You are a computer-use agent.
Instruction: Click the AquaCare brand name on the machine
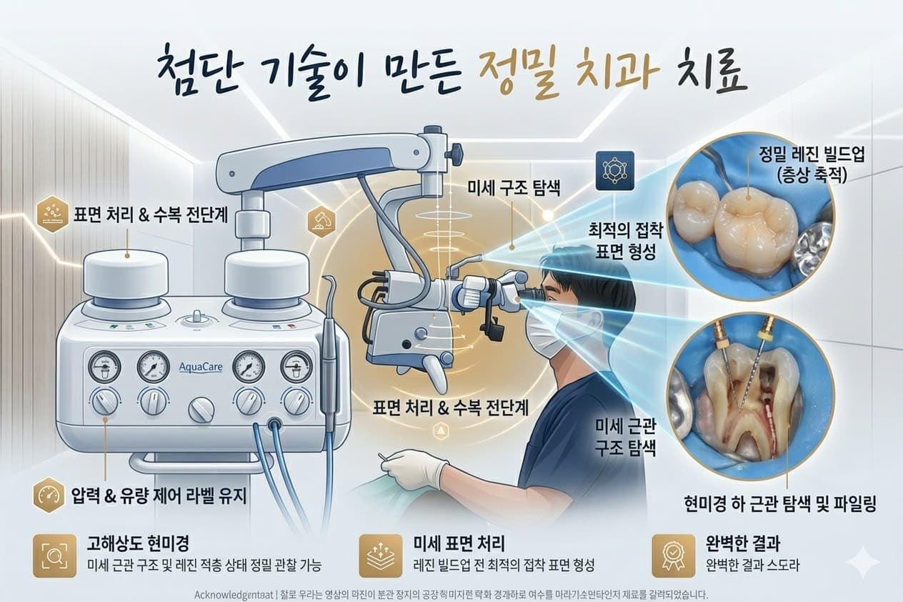201,367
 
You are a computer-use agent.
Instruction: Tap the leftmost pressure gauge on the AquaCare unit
104,367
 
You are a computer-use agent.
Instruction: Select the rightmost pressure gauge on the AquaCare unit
296,367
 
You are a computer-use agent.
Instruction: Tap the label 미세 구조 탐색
512,189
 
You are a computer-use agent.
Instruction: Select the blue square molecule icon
614,171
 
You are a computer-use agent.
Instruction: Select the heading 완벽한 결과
737,546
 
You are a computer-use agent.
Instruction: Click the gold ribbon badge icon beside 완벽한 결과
673,555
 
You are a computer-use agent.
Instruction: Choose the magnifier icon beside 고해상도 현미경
54,555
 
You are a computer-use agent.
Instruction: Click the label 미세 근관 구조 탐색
626,438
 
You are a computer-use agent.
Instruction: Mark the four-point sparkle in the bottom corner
862,561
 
